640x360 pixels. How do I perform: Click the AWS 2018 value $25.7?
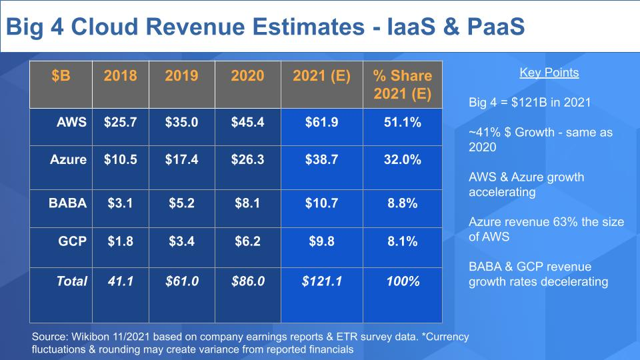tap(121, 122)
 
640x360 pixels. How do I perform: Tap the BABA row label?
tap(68, 203)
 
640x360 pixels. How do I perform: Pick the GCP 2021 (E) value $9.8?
tap(321, 241)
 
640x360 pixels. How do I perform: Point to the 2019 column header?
tap(182, 75)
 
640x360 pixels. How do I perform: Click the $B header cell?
tap(61, 75)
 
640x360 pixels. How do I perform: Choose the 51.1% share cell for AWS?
tap(403, 122)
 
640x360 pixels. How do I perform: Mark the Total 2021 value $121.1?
tap(321, 281)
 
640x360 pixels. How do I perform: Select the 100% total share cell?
tap(403, 281)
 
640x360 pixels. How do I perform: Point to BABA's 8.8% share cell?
tap(403, 203)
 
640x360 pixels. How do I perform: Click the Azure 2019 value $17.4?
tap(182, 160)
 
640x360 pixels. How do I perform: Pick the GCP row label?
tap(73, 241)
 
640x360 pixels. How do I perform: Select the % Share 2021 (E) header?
tap(403, 85)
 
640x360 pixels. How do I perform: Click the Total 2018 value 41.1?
tap(121, 281)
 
